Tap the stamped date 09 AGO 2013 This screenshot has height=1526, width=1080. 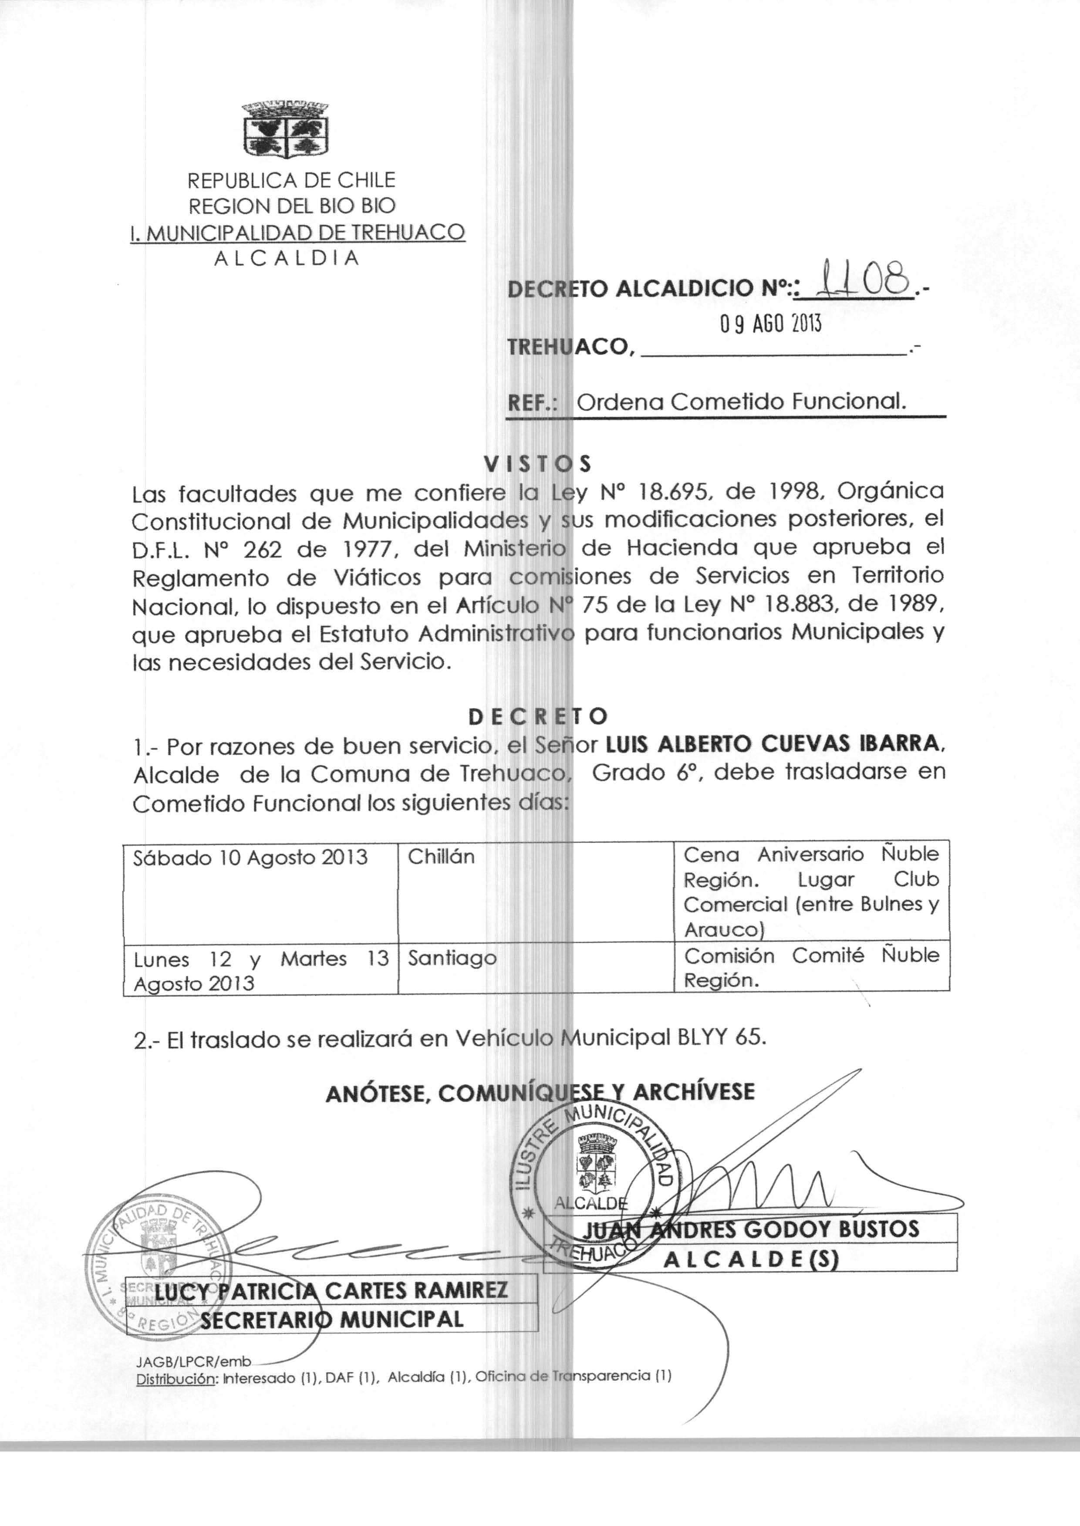(771, 324)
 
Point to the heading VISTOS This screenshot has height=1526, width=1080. (537, 463)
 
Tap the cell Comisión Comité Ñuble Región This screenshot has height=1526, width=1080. (811, 967)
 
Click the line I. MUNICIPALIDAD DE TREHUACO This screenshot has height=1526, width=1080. (297, 232)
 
